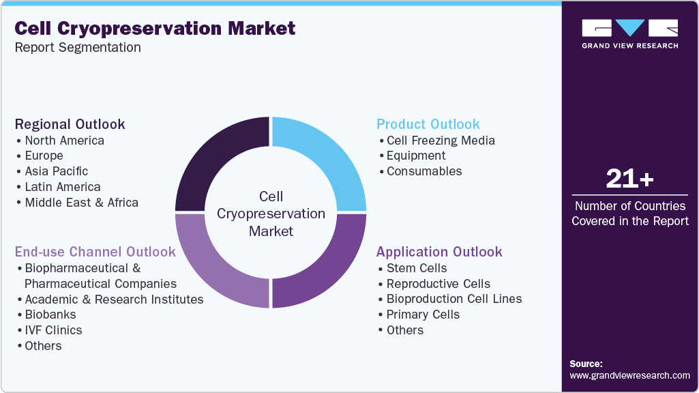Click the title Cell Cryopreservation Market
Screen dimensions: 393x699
click(155, 28)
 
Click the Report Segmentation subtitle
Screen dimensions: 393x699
click(78, 48)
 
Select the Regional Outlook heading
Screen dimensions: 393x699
click(70, 124)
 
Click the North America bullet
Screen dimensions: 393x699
click(64, 141)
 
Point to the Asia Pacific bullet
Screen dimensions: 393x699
click(56, 171)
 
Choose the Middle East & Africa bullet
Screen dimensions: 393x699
click(81, 203)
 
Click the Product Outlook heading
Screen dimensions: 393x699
click(428, 124)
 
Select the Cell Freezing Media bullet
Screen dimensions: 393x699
click(441, 141)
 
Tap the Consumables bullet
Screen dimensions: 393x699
click(424, 171)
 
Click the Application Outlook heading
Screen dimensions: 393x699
click(439, 252)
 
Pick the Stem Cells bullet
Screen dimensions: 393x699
click(417, 268)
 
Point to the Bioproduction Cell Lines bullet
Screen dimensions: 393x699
click(454, 299)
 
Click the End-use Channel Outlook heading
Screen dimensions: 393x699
click(95, 252)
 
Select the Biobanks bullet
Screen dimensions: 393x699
click(50, 315)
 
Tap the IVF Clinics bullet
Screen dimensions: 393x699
click(53, 330)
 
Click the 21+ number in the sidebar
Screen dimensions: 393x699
click(629, 179)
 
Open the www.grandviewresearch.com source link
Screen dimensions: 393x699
click(629, 375)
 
